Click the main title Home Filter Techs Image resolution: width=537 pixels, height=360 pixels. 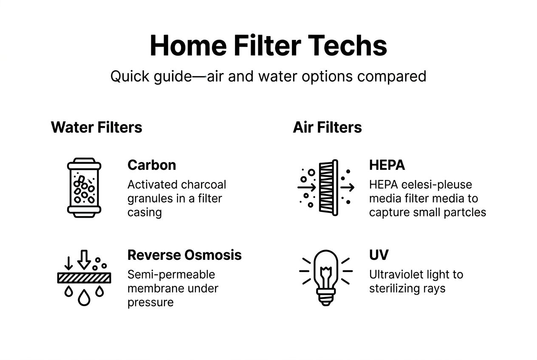pos(268,46)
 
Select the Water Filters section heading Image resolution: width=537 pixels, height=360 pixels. pos(96,127)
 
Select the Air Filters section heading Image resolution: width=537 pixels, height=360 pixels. pos(327,127)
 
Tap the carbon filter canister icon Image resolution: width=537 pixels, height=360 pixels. pos(84,188)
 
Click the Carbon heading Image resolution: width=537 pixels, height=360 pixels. pos(152,165)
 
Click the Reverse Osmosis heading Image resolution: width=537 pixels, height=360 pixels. pos(184,255)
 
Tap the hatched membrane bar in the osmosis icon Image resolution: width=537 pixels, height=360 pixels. pos(84,278)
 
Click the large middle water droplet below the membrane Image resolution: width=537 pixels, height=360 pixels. pos(84,298)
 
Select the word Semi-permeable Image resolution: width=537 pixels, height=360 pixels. pos(171,275)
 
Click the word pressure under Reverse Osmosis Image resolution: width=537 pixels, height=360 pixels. pos(150,302)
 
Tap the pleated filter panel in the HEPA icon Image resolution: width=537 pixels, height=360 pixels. pos(328,188)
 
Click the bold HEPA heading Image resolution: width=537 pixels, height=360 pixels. pos(387,165)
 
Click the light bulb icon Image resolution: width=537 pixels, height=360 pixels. pos(326,276)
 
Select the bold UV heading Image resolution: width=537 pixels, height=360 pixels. pos(379,255)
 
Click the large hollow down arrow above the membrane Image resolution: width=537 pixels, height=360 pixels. pos(84,259)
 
